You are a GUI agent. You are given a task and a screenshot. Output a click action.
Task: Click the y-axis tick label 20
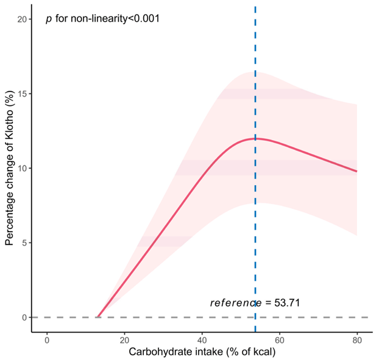(22, 19)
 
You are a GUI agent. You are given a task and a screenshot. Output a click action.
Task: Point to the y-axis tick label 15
(22, 94)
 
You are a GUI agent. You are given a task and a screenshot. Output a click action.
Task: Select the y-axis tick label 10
(22, 168)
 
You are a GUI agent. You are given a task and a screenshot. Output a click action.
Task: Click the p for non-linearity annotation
(102, 19)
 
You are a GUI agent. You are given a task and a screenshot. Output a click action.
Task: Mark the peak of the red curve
(255, 138)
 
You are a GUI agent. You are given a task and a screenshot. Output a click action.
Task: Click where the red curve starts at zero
(98, 317)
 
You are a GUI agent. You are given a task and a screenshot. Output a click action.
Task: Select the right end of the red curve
(356, 171)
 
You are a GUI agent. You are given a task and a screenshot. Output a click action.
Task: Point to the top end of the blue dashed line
(255, 7)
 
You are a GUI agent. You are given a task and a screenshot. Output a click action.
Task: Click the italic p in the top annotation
(48, 19)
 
